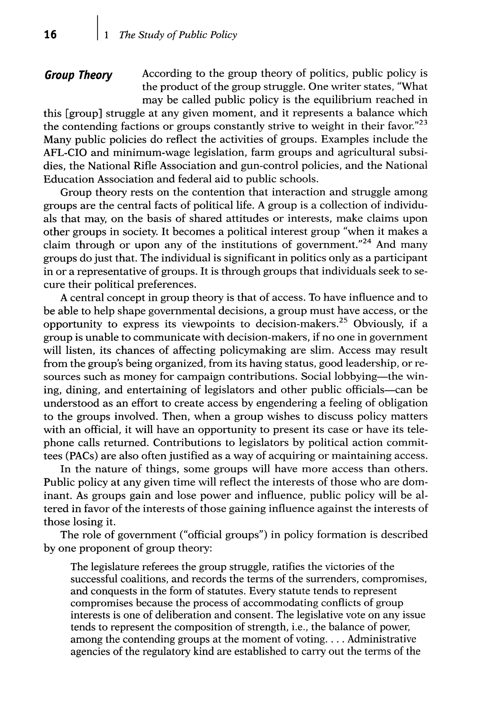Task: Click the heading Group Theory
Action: click(x=78, y=75)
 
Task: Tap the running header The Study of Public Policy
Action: click(x=178, y=35)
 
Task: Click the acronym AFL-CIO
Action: click(x=64, y=153)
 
